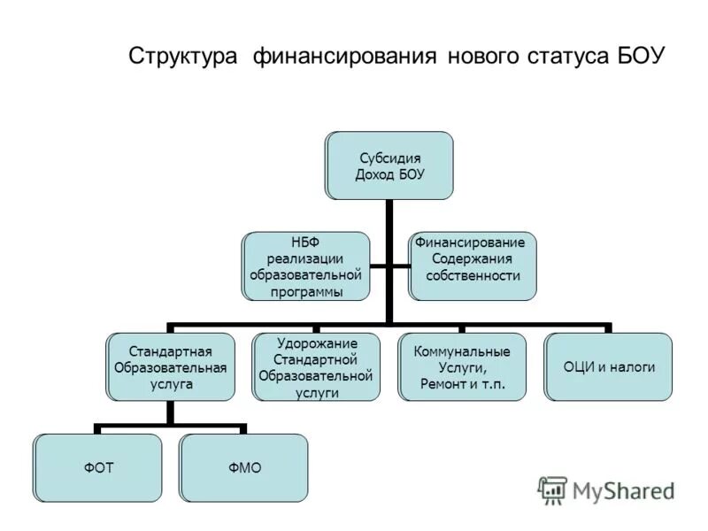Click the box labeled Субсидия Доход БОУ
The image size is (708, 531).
click(x=389, y=165)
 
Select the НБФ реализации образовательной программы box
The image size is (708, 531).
click(x=306, y=265)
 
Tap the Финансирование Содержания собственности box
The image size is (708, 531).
click(x=472, y=265)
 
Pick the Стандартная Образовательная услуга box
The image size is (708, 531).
click(x=171, y=366)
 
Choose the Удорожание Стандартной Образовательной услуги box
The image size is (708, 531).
click(x=316, y=366)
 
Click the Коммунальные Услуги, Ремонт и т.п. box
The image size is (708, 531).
click(x=462, y=366)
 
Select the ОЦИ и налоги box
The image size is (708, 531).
click(x=608, y=366)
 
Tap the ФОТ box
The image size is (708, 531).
click(x=98, y=466)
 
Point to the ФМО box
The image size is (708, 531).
click(x=243, y=466)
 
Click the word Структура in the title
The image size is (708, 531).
click(x=183, y=57)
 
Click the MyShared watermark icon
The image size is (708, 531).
click(x=552, y=490)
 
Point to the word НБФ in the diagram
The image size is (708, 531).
click(x=305, y=242)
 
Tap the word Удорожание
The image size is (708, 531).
click(x=316, y=343)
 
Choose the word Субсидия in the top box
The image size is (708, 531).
click(x=389, y=158)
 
